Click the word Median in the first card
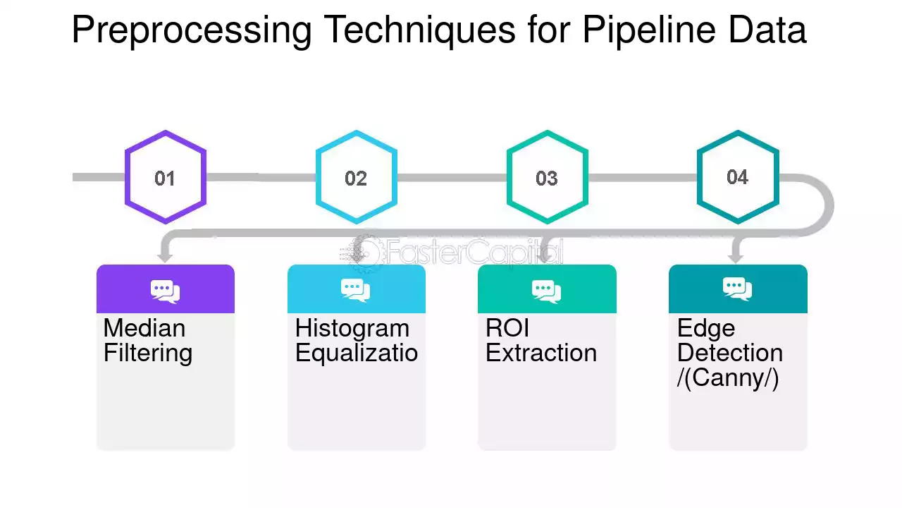tap(144, 328)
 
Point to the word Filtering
tap(148, 353)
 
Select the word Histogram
tap(352, 329)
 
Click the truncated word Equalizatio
tap(357, 353)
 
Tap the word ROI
tap(507, 328)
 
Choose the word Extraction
tap(541, 353)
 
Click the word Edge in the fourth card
tap(706, 329)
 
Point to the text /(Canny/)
tap(728, 378)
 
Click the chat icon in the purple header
tap(165, 291)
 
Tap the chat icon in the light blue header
tap(356, 290)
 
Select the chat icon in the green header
tap(546, 291)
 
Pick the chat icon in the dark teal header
tap(737, 289)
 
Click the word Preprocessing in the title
tap(192, 30)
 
